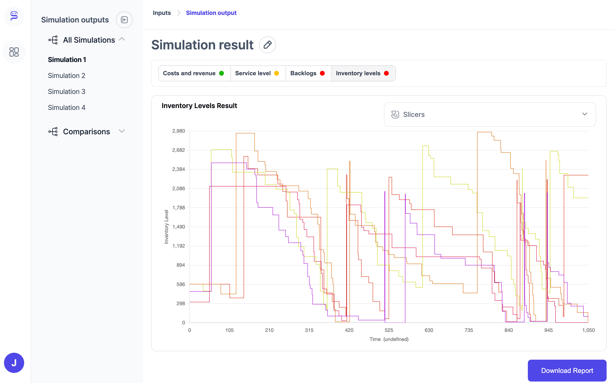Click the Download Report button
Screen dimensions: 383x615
[567, 370]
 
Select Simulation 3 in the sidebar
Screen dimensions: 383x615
[67, 92]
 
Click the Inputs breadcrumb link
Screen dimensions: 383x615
[162, 13]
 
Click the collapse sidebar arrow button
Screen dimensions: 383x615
[124, 20]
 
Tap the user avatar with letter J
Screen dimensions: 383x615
[14, 363]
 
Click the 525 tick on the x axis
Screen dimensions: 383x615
[389, 330]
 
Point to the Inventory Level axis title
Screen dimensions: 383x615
[166, 227]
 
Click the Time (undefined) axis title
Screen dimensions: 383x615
[389, 339]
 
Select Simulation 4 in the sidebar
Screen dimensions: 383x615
[67, 108]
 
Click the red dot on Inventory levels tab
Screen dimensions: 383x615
[386, 73]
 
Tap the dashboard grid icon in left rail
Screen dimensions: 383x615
[14, 52]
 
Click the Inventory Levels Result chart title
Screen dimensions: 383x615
[199, 106]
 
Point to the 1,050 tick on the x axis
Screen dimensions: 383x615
[588, 330]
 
